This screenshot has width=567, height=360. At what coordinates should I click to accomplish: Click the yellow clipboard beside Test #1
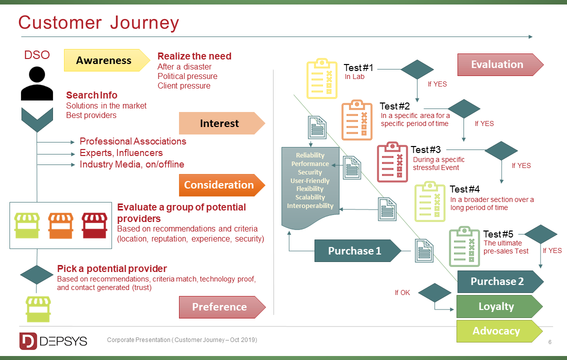(x=321, y=78)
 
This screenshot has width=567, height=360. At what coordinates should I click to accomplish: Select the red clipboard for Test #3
(x=392, y=161)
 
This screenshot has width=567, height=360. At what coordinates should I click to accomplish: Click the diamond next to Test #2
(x=464, y=109)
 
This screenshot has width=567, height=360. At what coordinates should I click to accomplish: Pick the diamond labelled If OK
(x=434, y=293)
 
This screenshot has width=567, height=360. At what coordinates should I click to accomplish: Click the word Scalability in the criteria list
(x=310, y=197)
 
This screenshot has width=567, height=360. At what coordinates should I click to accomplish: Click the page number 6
(x=550, y=342)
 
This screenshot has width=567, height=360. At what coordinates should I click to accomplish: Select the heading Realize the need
(x=194, y=56)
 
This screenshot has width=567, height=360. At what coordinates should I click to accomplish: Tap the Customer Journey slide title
(x=98, y=23)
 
